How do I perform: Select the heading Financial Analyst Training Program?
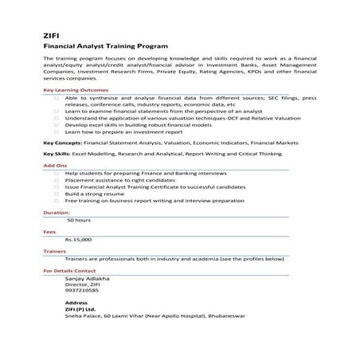click(x=105, y=48)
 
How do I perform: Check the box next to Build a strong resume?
click(x=57, y=194)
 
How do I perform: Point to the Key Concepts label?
click(x=61, y=143)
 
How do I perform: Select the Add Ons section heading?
click(x=54, y=165)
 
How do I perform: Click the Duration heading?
click(x=56, y=213)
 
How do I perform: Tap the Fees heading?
click(x=49, y=232)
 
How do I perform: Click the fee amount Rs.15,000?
click(x=79, y=238)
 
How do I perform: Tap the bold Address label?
click(x=76, y=303)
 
